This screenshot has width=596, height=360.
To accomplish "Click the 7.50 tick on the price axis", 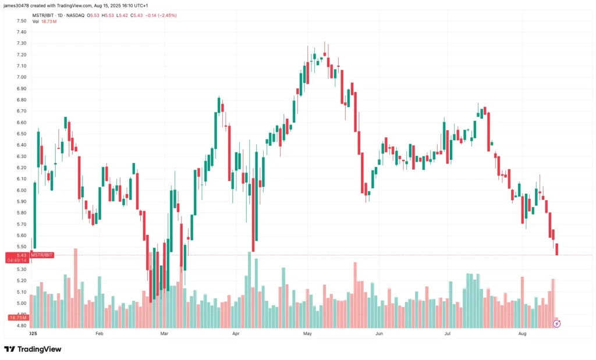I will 22,20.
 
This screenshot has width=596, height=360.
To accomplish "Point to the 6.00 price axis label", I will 22,190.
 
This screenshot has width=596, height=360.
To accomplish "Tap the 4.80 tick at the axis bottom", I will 22,326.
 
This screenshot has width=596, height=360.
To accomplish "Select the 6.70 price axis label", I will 22,111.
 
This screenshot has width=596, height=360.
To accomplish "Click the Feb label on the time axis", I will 99,334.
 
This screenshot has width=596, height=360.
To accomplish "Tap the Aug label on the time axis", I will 522,334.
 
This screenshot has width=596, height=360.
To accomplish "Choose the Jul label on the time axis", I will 448,334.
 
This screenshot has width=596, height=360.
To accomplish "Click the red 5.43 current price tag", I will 22,255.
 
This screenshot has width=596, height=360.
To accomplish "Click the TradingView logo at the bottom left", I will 33,349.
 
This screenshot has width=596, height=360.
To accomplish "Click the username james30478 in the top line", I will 18,5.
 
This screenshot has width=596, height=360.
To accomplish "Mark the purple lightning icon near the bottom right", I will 556,323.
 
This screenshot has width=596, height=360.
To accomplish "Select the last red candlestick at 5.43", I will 557,249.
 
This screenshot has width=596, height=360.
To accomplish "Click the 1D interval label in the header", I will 61,15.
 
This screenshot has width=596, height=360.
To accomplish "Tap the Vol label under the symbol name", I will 36,22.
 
